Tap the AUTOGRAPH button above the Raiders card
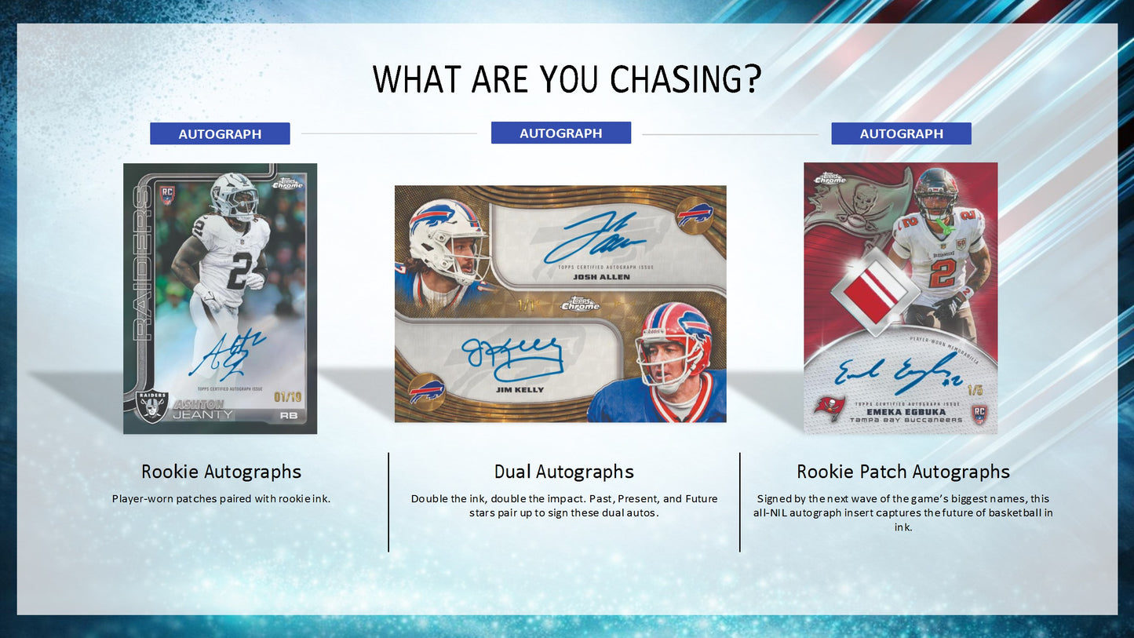[220, 134]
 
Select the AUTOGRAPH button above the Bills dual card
[560, 133]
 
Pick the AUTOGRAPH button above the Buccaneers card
[901, 134]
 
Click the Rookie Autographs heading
[221, 472]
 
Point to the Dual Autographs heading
[563, 472]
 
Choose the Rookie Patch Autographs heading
[903, 472]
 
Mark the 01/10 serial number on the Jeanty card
[286, 397]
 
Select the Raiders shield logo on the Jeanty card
[152, 406]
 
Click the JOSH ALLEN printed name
[601, 277]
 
